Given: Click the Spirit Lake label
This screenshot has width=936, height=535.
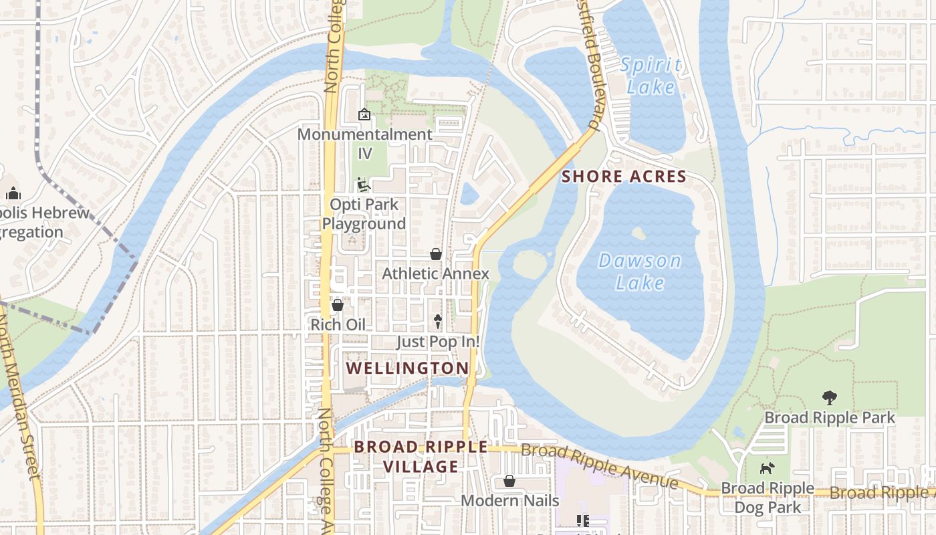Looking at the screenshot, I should pos(651,76).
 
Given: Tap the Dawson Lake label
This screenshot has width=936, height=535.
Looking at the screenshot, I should pos(640,272).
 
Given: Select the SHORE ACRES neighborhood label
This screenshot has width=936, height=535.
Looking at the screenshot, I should pos(624,177).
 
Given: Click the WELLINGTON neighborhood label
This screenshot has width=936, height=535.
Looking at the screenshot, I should pos(407,368).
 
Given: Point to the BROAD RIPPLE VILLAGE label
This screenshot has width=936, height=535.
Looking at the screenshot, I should pos(421,456).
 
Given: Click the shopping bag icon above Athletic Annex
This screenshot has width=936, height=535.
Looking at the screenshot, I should pos(436,254).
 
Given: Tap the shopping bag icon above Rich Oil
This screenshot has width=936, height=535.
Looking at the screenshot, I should pos(338,305).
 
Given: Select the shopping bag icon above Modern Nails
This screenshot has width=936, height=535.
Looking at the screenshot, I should pos(509,481).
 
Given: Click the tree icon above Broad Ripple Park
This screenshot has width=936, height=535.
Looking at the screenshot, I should pos(830,398).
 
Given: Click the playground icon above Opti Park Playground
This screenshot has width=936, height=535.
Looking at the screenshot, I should pos(364,185).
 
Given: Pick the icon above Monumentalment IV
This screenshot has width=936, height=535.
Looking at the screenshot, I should pos(364,114).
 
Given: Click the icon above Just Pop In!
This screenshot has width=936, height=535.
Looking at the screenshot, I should pos(438,322).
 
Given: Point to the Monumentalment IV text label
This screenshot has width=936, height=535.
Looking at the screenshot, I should pos(364,143).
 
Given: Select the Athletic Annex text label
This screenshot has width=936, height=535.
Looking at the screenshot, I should pos(435,274).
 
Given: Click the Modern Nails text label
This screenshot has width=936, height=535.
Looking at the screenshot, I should pos(509,500).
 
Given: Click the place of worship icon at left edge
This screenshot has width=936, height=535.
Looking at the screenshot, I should pos(13,194).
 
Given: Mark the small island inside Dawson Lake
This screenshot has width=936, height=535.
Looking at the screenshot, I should pos(638,233).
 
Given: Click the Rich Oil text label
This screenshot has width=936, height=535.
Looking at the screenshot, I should pos(338,324).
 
